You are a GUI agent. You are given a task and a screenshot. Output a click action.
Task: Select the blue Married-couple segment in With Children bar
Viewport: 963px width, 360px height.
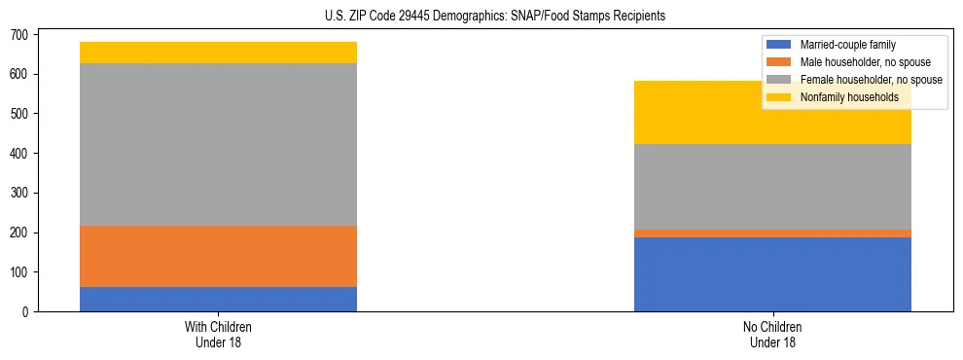coord(218,299)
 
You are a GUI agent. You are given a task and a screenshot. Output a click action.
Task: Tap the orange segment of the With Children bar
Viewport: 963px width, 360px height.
coord(218,256)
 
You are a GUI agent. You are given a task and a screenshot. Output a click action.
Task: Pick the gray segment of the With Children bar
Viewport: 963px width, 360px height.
coord(218,144)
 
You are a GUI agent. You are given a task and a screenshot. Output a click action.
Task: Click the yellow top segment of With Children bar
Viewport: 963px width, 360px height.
coord(218,53)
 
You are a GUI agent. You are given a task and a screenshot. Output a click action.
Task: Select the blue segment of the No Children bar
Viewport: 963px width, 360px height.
coord(772,274)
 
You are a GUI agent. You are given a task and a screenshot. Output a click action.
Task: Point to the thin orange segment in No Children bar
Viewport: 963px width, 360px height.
coord(772,234)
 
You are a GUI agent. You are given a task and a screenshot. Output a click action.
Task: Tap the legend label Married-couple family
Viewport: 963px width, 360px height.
coord(847,45)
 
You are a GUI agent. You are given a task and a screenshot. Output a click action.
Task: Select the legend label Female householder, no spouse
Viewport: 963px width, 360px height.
coord(871,80)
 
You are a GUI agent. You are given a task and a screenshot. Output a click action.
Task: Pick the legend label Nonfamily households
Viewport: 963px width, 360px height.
coord(842,97)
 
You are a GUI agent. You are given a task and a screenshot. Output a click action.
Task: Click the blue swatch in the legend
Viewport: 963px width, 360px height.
coord(779,45)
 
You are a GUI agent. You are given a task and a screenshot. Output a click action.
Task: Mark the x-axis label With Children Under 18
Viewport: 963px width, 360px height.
coord(218,334)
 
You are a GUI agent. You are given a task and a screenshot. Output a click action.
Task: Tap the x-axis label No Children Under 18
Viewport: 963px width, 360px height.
coord(772,334)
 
